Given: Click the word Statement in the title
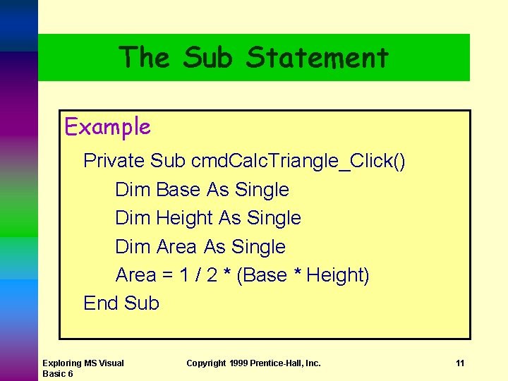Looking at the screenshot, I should [x=317, y=57].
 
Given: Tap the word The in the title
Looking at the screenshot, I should [x=145, y=57].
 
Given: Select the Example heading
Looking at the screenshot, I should [x=107, y=127].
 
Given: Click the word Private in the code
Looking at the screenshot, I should [x=114, y=162].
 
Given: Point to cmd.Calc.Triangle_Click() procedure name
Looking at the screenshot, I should [x=298, y=162].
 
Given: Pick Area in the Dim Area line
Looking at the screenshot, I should [x=176, y=247].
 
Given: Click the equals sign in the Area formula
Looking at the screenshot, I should [x=167, y=275].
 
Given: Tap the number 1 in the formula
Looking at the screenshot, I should [x=183, y=275].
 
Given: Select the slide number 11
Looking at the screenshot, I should [x=460, y=363].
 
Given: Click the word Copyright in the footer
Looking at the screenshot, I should [x=206, y=363].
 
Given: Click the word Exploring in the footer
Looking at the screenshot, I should [x=61, y=363].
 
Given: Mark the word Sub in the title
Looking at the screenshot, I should [x=207, y=57].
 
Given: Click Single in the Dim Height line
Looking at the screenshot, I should [x=274, y=218].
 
